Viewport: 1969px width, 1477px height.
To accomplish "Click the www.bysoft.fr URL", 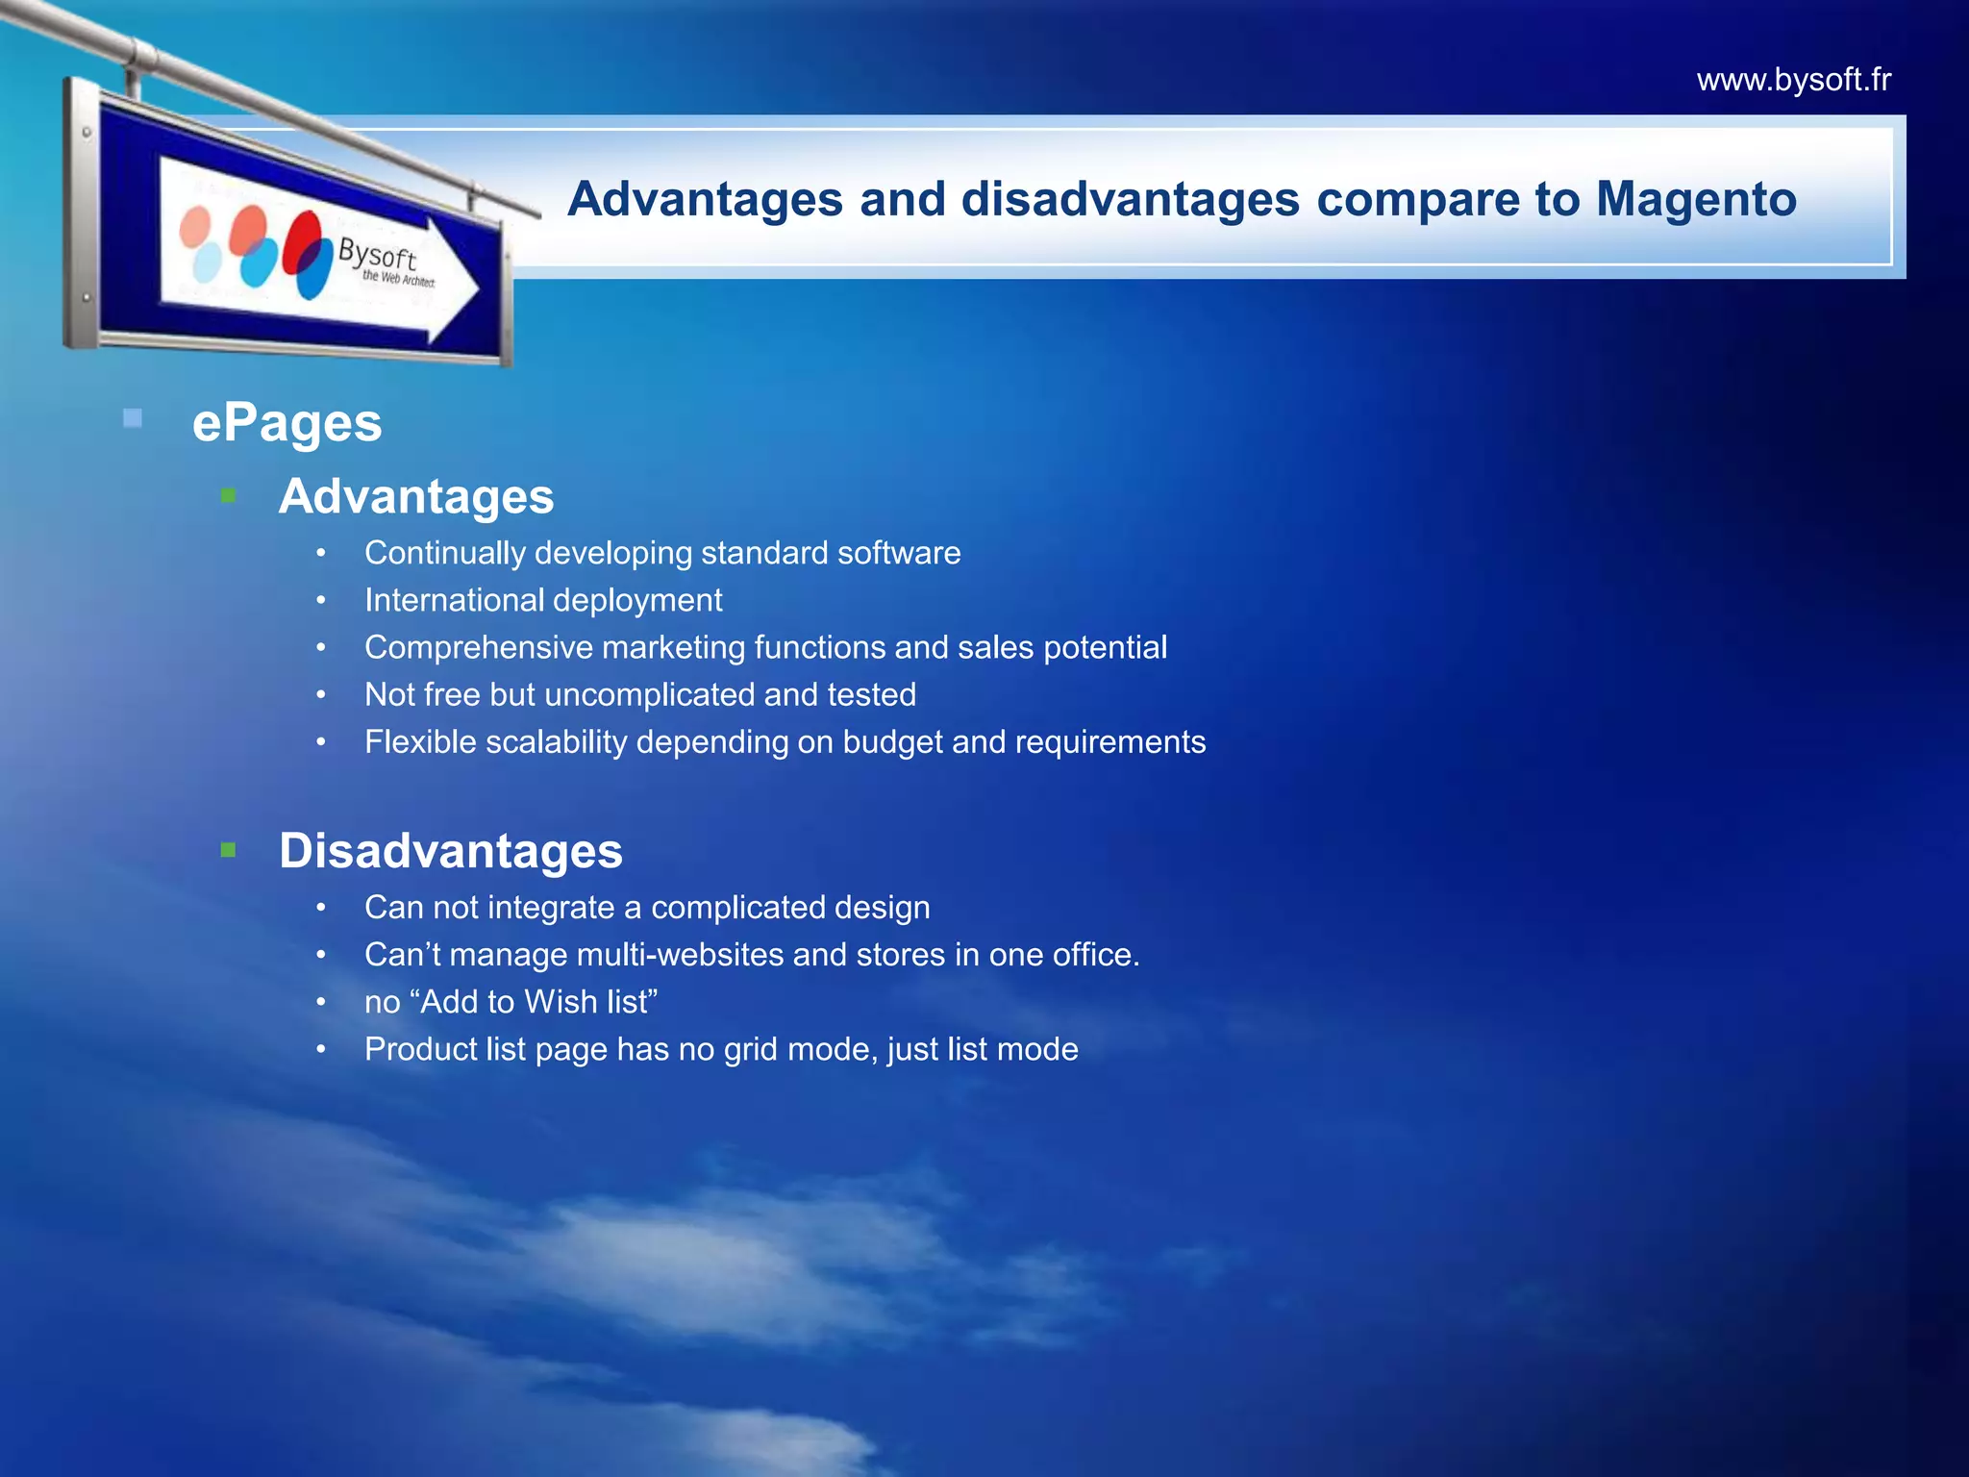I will click(x=1793, y=80).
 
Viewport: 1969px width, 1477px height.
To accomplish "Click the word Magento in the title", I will click(x=1696, y=199).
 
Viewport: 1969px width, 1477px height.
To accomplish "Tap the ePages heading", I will click(x=287, y=423).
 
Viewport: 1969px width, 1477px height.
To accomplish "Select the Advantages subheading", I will click(x=416, y=497).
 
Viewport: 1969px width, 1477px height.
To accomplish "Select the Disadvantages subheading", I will click(x=450, y=852).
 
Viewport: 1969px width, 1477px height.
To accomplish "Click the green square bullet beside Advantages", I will click(x=228, y=496).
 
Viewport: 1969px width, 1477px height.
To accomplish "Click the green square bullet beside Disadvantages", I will click(x=228, y=850).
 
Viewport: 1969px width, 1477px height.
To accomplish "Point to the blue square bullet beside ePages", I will click(x=133, y=418).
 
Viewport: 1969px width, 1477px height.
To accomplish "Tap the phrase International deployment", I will click(x=543, y=600).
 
